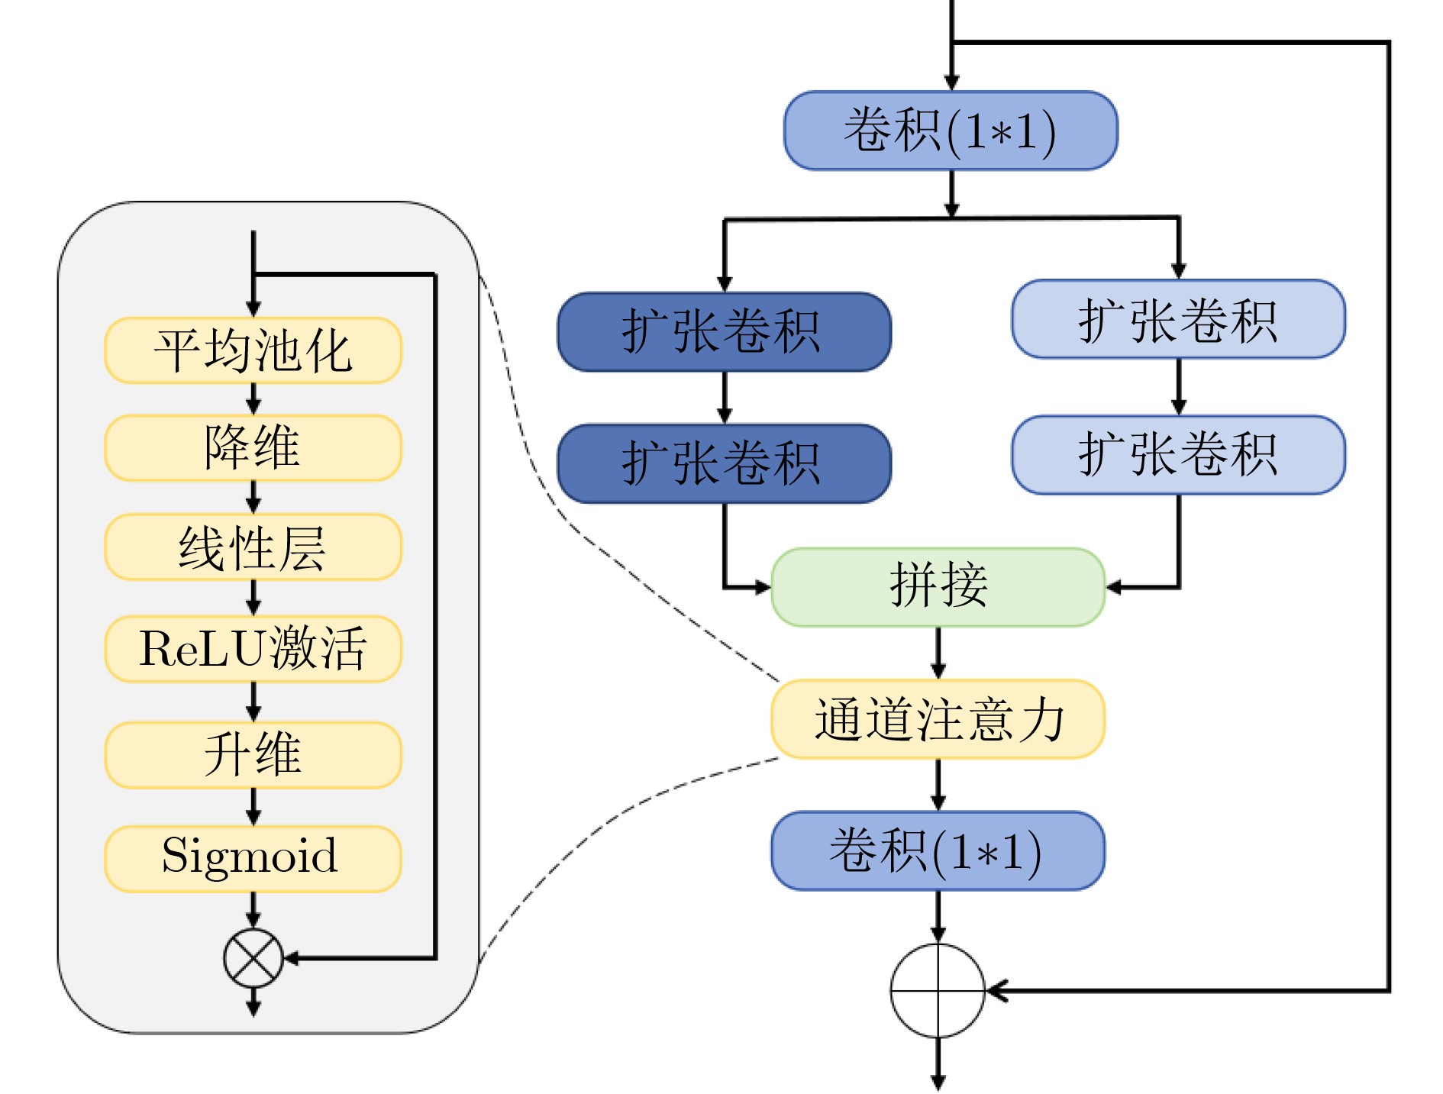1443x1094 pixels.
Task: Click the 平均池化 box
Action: tap(253, 350)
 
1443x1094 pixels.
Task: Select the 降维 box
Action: tap(253, 447)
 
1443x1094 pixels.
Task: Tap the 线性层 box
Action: tap(253, 547)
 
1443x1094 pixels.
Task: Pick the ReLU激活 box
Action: tap(253, 648)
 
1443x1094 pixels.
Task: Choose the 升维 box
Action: tap(253, 754)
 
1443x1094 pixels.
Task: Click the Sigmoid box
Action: tap(253, 858)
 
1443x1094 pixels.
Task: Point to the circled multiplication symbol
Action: tap(253, 958)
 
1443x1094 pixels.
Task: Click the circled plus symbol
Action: tap(938, 991)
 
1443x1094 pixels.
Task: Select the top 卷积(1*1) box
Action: tap(951, 131)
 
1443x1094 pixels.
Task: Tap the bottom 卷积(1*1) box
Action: tap(938, 850)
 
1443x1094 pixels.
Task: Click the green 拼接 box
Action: tap(938, 587)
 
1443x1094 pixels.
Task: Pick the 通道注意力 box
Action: tap(938, 719)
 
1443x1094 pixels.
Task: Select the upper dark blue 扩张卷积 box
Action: tap(724, 332)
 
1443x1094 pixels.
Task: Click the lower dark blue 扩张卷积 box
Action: tap(724, 463)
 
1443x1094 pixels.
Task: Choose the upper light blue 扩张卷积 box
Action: tap(1178, 319)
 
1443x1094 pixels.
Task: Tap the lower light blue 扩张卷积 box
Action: tap(1178, 455)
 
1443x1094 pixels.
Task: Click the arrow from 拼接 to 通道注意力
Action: tap(938, 653)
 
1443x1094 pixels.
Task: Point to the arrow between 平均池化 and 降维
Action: tap(253, 399)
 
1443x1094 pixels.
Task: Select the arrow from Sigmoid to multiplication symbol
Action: tap(253, 910)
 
